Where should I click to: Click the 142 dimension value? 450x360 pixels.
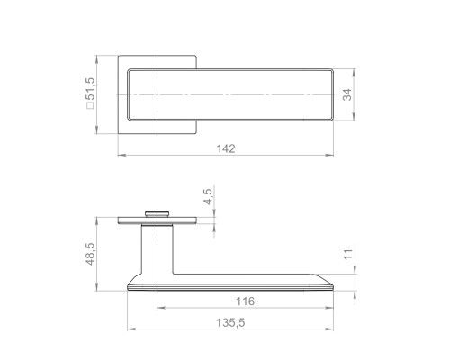(x=226, y=148)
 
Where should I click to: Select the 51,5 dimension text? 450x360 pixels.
(x=90, y=89)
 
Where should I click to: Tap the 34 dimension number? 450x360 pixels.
(x=347, y=94)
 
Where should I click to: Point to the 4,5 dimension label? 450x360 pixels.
(x=208, y=196)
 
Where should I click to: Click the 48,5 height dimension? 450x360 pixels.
(x=90, y=254)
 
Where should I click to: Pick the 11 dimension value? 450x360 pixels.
(x=348, y=255)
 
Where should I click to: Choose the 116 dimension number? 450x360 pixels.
(x=245, y=301)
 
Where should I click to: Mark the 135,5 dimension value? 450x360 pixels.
(x=230, y=322)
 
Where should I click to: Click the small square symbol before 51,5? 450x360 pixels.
(x=90, y=105)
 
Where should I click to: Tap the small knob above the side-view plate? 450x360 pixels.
(x=157, y=214)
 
